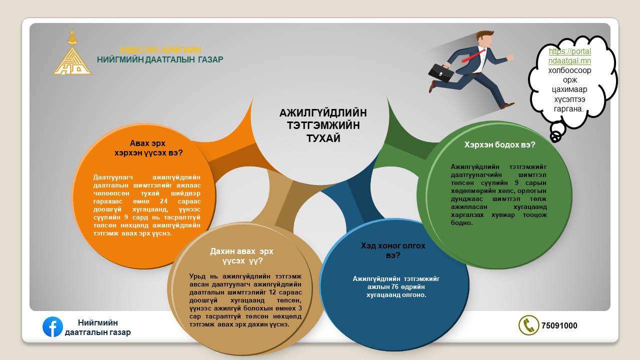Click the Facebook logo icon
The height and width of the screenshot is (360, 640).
click(52, 327)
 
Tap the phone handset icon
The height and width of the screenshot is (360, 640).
click(529, 325)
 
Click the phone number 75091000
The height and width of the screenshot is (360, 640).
click(559, 325)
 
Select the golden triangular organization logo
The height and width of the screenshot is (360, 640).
click(72, 52)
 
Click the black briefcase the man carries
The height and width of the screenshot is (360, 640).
click(440, 73)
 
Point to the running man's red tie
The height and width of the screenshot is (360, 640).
click(473, 55)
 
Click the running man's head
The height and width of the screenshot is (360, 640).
click(484, 38)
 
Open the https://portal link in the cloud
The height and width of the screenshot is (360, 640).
click(569, 51)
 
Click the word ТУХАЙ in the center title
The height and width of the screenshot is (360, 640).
click(323, 138)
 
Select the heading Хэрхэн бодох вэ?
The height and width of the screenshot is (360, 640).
click(499, 145)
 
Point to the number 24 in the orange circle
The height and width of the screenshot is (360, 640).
click(163, 201)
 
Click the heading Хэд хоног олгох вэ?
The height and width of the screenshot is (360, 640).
click(393, 250)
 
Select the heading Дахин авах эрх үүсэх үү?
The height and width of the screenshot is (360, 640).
click(241, 256)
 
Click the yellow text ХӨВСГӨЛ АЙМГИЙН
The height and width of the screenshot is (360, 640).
click(160, 50)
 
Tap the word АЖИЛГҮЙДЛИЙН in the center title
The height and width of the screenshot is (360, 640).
click(323, 113)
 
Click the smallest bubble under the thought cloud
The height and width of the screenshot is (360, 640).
click(555, 137)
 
